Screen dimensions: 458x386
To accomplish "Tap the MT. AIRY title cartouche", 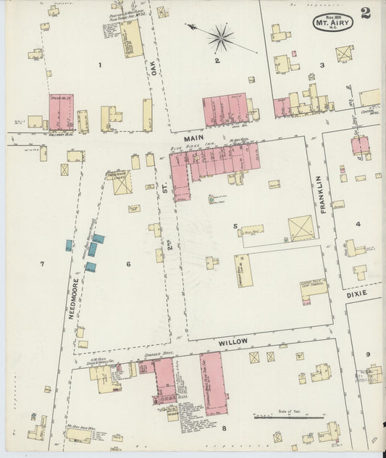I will point(333,22).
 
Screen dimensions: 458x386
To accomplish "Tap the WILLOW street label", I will point(232,341).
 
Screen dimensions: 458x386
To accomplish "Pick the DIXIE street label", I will point(356,295).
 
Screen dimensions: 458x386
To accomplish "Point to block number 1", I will point(101,64).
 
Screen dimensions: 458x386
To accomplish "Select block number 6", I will point(128,264).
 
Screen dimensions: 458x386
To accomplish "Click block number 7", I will point(42,264).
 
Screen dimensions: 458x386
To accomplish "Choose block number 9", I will point(368,354).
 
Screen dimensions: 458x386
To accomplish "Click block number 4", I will point(358,224).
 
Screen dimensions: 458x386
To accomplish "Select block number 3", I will point(322,64).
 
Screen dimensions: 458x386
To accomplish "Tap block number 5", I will point(235,226).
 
